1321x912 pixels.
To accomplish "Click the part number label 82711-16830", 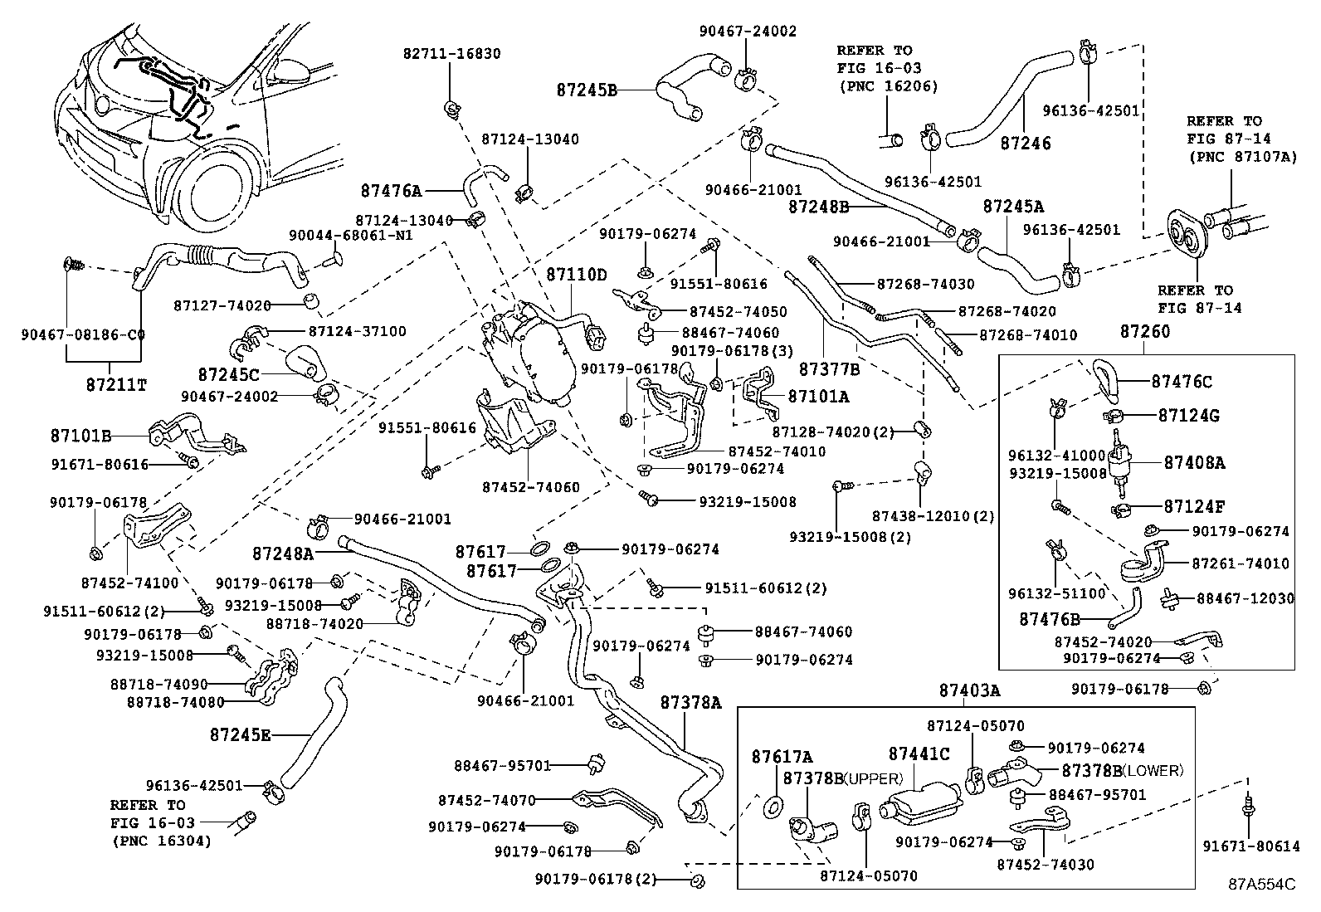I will click(451, 54).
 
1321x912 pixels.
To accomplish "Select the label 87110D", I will click(576, 275).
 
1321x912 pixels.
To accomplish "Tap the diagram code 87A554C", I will click(1261, 884).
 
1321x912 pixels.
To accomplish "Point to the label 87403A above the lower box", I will click(969, 690).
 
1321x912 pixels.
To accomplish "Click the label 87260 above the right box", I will click(1144, 332).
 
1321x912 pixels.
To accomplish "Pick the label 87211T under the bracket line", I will click(115, 385).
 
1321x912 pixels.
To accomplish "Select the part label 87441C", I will click(919, 754).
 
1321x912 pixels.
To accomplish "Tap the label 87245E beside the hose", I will click(240, 734).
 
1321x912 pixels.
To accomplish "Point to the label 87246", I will click(1025, 144).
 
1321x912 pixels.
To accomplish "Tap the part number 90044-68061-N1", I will click(351, 236).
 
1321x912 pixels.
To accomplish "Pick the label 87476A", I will click(391, 190).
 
